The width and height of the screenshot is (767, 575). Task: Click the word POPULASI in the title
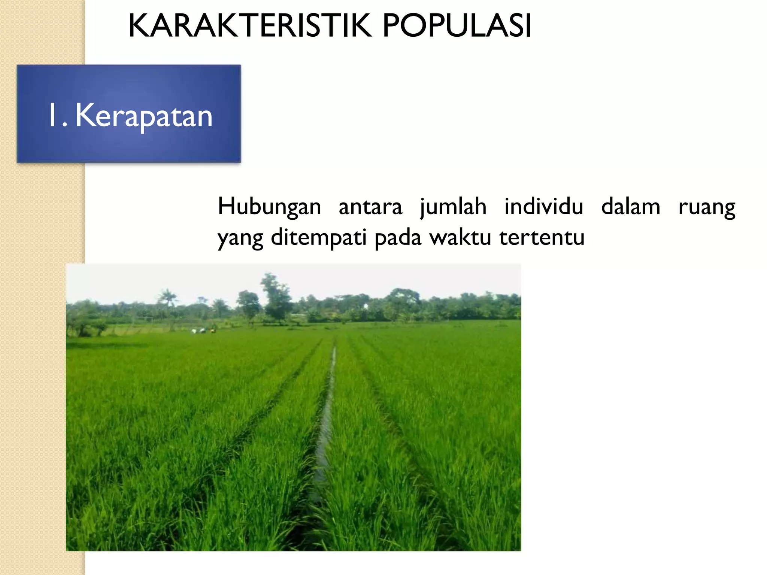(457, 26)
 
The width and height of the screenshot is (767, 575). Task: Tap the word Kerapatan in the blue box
(144, 116)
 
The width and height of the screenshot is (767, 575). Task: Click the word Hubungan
(269, 207)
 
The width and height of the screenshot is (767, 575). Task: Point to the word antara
(370, 207)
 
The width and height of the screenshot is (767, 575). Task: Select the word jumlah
(453, 207)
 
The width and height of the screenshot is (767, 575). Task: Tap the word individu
(544, 207)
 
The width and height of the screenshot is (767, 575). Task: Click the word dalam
(631, 207)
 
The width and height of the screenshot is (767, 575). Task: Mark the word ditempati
(318, 238)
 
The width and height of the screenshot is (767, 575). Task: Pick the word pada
(398, 238)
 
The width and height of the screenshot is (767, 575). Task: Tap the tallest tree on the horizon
(276, 296)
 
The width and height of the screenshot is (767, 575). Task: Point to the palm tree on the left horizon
(167, 298)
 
